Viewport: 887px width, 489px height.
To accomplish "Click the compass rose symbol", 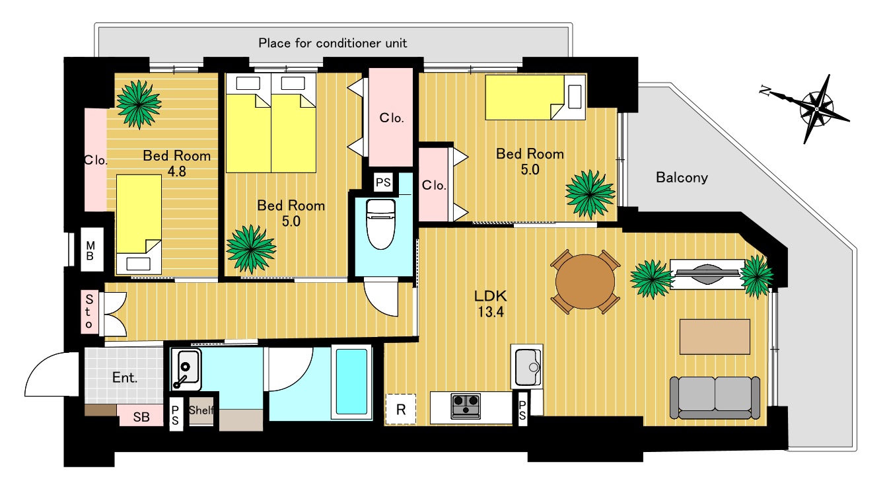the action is point(816,109).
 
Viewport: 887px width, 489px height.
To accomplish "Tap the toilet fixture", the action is point(380,224).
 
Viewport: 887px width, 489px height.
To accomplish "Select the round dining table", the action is point(585,282).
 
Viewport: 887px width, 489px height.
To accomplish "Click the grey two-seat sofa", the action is point(715,397).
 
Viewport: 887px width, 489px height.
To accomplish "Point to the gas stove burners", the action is point(465,406).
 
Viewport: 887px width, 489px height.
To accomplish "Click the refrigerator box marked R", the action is point(401,409).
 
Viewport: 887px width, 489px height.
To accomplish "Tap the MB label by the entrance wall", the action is point(90,251).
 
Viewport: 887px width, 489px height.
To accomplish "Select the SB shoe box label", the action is point(141,417).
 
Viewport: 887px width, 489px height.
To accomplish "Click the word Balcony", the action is point(682,178).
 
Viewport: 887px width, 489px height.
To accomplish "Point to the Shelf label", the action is point(201,410).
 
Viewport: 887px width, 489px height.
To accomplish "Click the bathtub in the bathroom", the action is point(351,381).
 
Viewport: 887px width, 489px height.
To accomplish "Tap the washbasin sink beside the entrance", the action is point(186,369).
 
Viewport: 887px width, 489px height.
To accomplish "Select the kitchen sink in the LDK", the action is point(527,367).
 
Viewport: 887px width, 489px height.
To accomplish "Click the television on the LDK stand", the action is point(707,274).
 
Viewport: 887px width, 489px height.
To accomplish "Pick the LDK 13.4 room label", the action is point(491,304).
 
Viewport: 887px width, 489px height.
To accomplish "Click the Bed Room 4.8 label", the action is point(176,163).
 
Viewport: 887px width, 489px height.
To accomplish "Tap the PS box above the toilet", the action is point(383,182).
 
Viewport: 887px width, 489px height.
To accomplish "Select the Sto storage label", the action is point(89,312).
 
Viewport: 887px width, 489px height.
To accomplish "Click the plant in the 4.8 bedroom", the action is point(139,104).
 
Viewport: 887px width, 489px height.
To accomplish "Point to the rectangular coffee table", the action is point(715,337).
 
